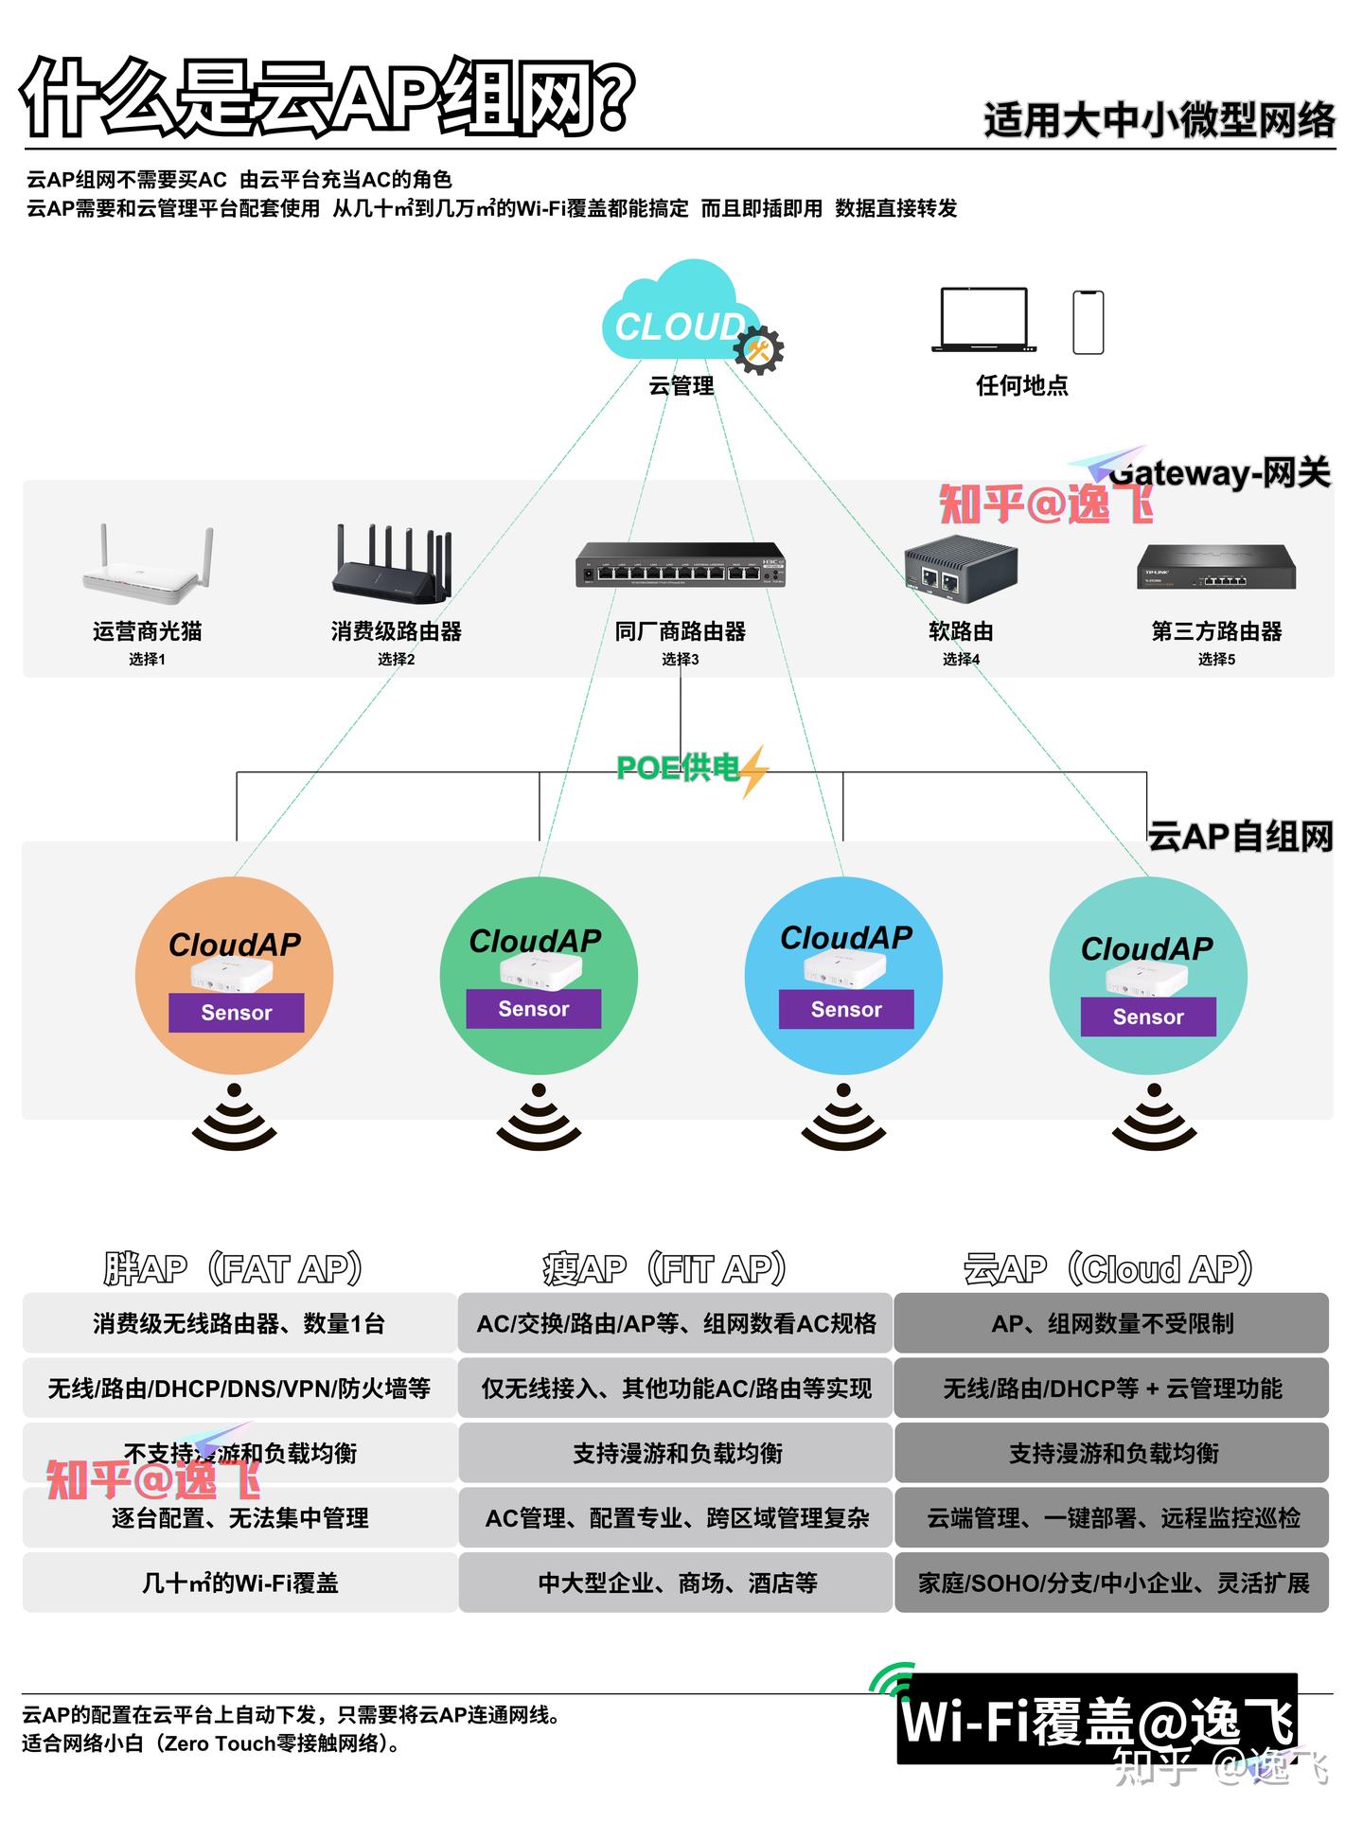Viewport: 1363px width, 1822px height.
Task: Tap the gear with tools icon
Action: (x=759, y=350)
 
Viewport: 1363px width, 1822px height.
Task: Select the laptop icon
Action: (x=983, y=320)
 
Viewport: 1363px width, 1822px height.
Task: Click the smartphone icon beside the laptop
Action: (x=1088, y=322)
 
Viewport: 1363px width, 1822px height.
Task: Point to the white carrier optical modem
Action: (x=148, y=566)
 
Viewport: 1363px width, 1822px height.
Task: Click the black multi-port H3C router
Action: (x=681, y=565)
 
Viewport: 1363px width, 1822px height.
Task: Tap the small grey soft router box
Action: (x=960, y=570)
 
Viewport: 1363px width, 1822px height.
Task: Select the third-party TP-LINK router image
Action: (x=1216, y=566)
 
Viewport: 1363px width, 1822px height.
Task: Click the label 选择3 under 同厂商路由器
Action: (x=680, y=659)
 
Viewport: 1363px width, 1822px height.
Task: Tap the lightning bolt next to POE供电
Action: (x=754, y=770)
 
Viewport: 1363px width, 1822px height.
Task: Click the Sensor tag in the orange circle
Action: (x=237, y=1013)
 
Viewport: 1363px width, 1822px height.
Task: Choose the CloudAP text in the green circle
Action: (x=536, y=941)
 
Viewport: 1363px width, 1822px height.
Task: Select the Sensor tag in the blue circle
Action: (x=846, y=1010)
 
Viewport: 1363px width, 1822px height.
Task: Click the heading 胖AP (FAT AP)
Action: (x=233, y=1268)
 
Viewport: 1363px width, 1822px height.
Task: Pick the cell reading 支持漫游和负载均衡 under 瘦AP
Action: (x=677, y=1453)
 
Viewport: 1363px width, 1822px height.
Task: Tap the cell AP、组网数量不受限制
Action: (x=1112, y=1323)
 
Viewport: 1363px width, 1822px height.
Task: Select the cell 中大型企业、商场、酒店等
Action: (x=677, y=1583)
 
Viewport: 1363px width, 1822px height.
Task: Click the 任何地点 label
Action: (x=1021, y=385)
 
